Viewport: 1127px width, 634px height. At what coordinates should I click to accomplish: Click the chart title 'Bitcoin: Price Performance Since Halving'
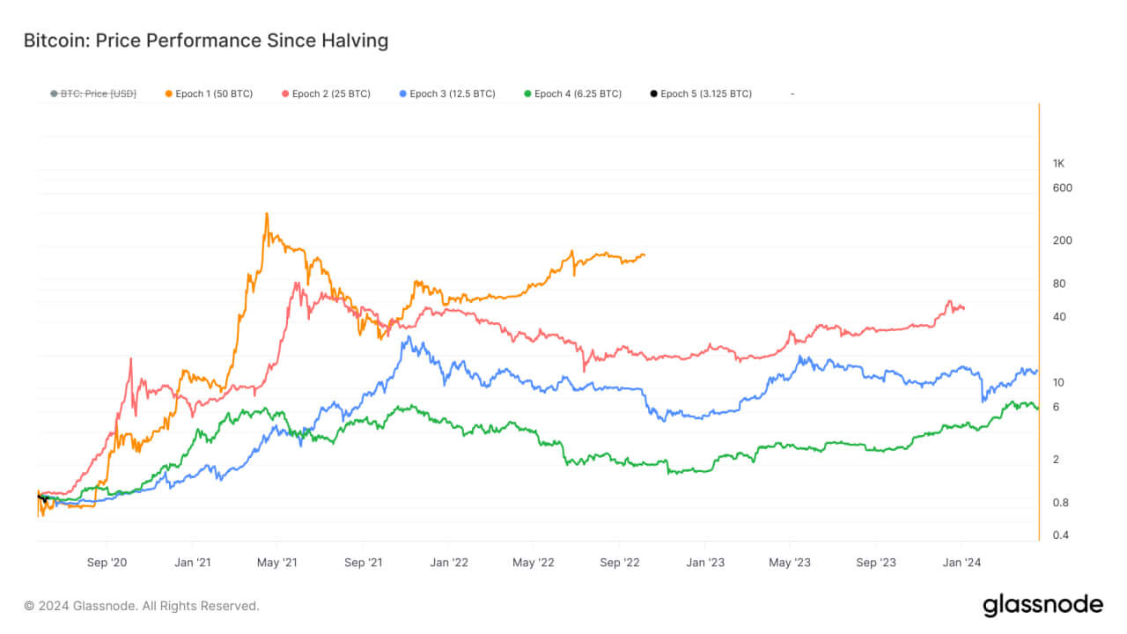pos(205,41)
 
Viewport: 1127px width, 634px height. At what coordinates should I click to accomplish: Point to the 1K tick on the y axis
pos(1059,163)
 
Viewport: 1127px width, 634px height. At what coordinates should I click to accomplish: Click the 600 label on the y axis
pos(1062,188)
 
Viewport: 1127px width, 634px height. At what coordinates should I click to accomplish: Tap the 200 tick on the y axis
pos(1062,240)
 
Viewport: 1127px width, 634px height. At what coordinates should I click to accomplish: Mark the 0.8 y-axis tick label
pos(1061,503)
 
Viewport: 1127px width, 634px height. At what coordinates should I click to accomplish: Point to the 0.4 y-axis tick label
pos(1061,535)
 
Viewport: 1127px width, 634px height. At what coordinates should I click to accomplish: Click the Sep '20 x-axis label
pos(107,562)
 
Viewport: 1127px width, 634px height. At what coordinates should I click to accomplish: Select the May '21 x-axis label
pos(277,562)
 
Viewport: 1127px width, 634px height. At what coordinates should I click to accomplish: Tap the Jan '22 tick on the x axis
pos(448,562)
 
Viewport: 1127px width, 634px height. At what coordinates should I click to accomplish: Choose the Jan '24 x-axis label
pos(962,562)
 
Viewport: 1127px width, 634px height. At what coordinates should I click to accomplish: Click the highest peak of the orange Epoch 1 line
pos(267,214)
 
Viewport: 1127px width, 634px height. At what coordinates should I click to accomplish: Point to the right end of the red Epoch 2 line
pos(964,308)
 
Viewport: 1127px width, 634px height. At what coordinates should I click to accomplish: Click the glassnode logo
pos(1042,605)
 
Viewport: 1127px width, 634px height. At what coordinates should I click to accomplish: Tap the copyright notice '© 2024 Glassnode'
pos(142,606)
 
